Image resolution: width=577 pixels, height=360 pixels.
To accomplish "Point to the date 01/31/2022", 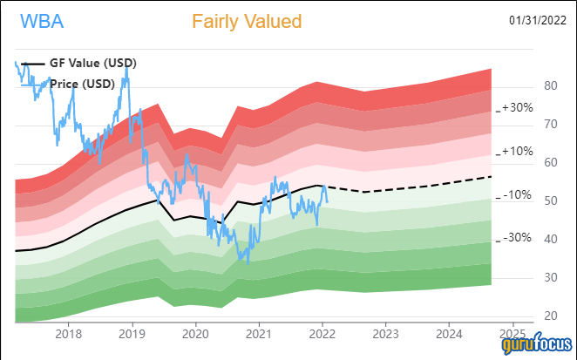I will pos(539,20).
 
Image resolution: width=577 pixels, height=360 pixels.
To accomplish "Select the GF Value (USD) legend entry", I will pos(84,64).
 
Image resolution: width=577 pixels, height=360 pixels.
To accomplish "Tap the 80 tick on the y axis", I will pos(526,86).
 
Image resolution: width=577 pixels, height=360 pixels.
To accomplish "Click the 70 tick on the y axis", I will pos(526,125).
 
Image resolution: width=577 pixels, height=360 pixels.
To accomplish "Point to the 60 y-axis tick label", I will pos(526,163).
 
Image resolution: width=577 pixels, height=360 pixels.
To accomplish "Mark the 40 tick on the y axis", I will pos(526,240).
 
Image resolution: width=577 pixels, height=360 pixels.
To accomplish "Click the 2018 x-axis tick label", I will pos(68,333).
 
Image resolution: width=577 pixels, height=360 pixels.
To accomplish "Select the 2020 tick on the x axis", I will pos(195,333).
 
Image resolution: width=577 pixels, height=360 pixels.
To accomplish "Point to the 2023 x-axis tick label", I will pos(386,333).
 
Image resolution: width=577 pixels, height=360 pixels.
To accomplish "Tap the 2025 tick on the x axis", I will pos(513,333).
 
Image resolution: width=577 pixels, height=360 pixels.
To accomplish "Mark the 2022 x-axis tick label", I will pos(322,333).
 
